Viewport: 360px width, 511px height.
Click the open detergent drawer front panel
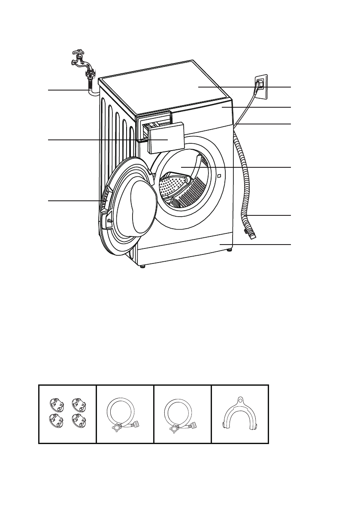coord(166,137)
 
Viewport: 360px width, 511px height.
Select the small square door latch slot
coord(219,175)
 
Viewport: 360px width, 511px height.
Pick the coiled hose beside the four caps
coord(124,414)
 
